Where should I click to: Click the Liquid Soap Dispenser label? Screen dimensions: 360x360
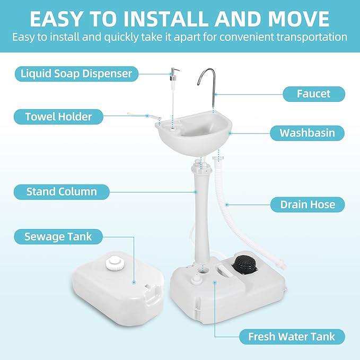pos(76,73)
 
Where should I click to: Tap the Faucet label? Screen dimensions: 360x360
pos(313,94)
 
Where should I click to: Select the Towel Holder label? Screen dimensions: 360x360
pos(58,116)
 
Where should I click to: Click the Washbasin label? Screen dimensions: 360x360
pos(307,132)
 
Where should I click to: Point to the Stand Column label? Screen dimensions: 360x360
pos(62,191)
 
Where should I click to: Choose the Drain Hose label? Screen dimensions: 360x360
pos(307,204)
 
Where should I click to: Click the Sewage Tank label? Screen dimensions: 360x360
pos(58,236)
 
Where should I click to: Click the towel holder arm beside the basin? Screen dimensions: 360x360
pos(141,115)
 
